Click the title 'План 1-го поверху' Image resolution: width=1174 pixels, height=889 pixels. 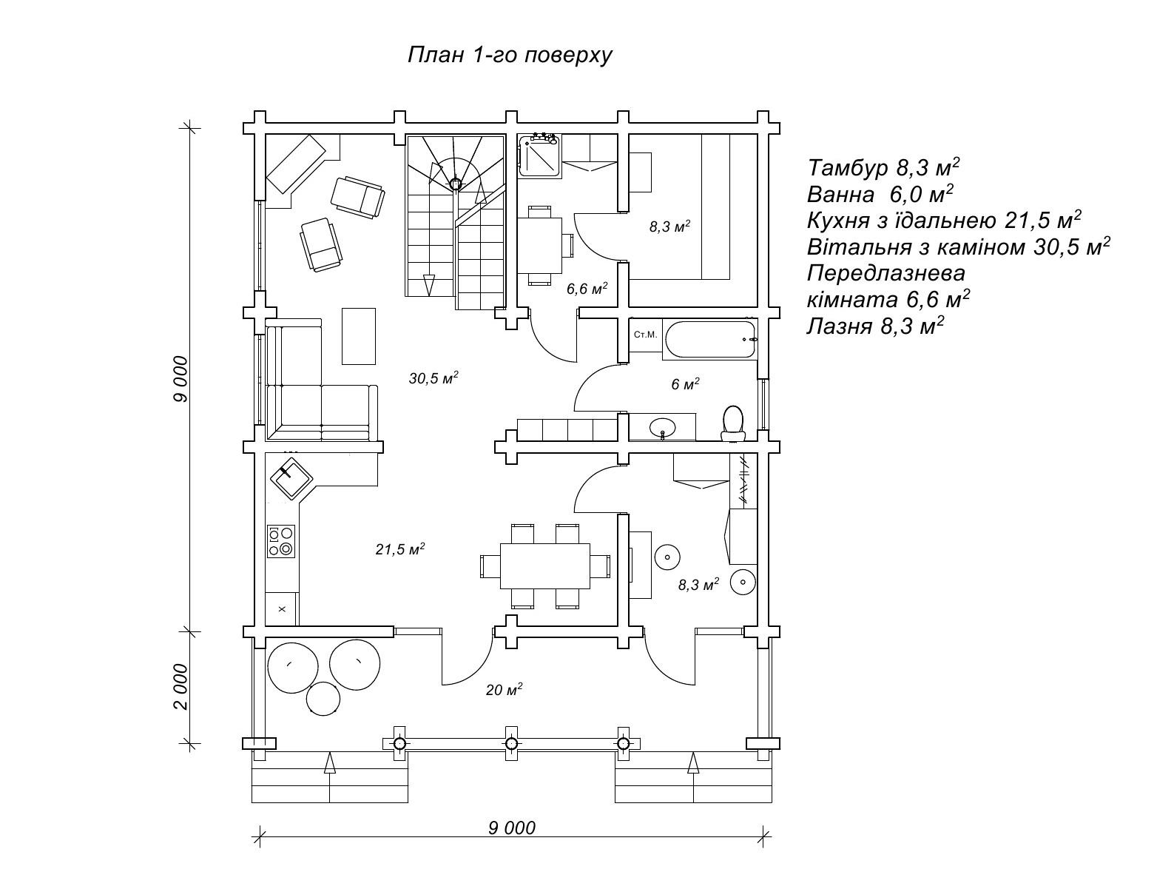pyautogui.click(x=510, y=56)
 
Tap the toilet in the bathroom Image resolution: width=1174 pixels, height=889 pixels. pyautogui.click(x=733, y=422)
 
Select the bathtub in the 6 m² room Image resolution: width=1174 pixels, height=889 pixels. pyautogui.click(x=710, y=339)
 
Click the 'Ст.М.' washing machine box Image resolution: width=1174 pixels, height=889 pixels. pyautogui.click(x=645, y=335)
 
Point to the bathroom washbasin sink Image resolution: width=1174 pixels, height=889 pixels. pyautogui.click(x=663, y=427)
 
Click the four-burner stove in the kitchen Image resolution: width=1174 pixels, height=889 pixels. pyautogui.click(x=281, y=541)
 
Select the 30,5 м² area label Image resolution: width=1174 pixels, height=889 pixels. pyautogui.click(x=433, y=378)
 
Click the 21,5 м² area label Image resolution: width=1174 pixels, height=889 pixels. pyautogui.click(x=399, y=549)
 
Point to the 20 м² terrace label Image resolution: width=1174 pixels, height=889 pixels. pyautogui.click(x=504, y=690)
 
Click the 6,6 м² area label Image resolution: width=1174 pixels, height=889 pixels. pyautogui.click(x=587, y=289)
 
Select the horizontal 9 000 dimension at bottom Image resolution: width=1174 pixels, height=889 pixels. pyautogui.click(x=511, y=828)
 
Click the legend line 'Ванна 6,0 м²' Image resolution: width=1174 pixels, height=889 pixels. pyautogui.click(x=880, y=195)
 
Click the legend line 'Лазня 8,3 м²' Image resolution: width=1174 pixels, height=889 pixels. pyautogui.click(x=875, y=326)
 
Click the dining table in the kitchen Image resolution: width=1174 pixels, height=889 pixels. pyautogui.click(x=545, y=566)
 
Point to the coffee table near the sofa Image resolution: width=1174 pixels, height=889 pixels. pyautogui.click(x=359, y=336)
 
